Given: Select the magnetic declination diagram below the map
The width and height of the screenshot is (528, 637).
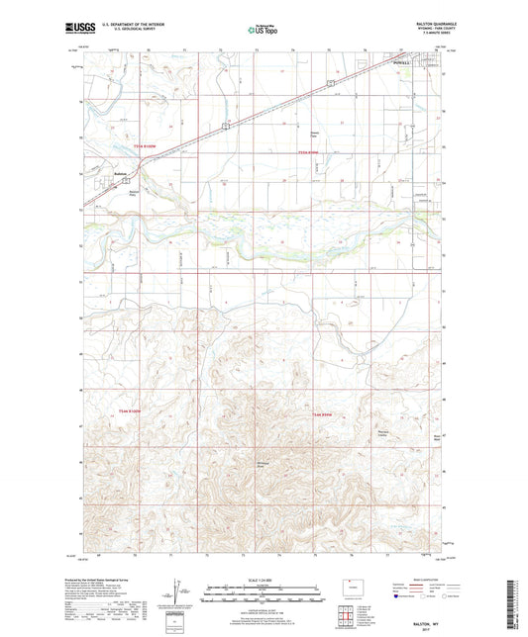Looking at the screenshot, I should coord(176,596).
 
